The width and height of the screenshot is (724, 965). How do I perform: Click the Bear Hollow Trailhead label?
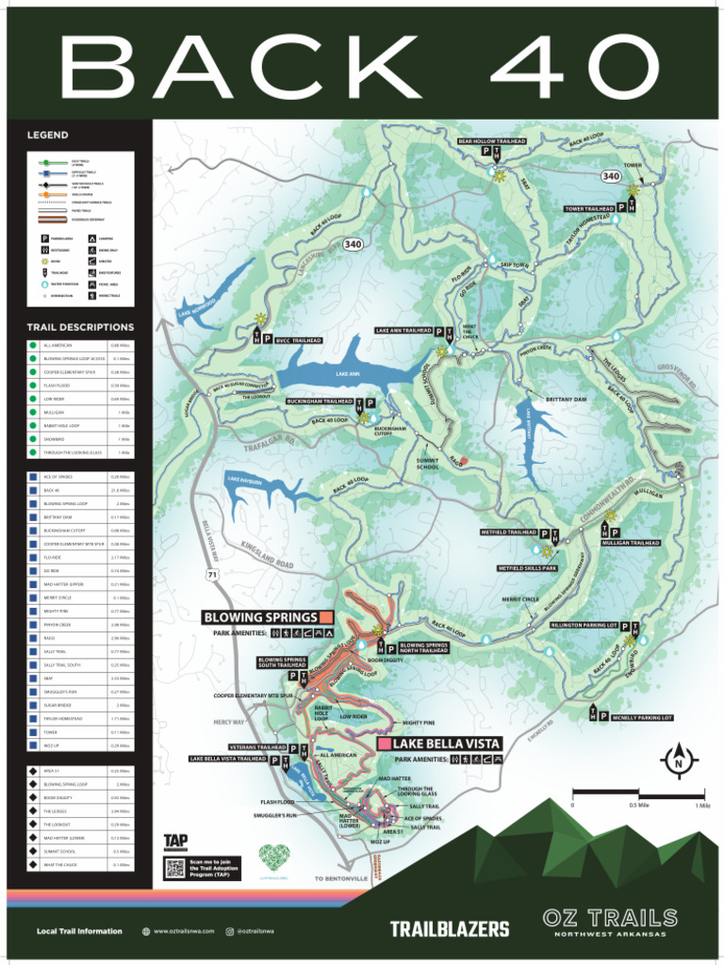[x=490, y=141]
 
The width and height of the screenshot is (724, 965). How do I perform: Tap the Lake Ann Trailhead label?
[x=403, y=331]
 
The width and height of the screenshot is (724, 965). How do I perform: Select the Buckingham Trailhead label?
[x=320, y=401]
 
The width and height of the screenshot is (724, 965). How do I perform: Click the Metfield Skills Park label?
[x=527, y=568]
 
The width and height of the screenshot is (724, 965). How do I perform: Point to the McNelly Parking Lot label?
[x=641, y=717]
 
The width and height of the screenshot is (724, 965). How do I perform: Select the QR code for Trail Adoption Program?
[x=173, y=868]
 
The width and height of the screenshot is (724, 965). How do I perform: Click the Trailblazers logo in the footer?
[x=450, y=929]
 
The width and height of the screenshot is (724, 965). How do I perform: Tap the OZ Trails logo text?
[x=610, y=917]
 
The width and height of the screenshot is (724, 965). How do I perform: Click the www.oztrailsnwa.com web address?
[x=184, y=931]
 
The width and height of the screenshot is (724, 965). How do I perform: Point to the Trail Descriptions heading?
[x=80, y=327]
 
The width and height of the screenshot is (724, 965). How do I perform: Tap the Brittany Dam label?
[x=566, y=400]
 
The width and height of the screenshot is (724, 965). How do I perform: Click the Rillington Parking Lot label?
[x=584, y=625]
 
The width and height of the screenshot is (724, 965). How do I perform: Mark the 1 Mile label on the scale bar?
[x=701, y=806]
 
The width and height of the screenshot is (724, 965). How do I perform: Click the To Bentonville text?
[x=341, y=878]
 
